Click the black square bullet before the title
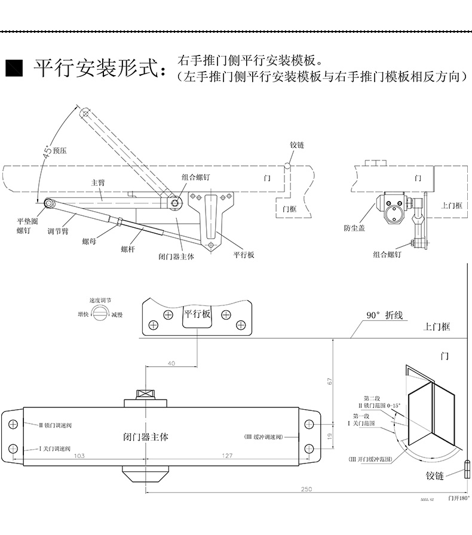pyautogui.click(x=13, y=69)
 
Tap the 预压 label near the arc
pyautogui.click(x=60, y=151)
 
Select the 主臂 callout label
pyautogui.click(x=97, y=183)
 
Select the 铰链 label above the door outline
pyautogui.click(x=297, y=146)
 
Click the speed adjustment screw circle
pyautogui.click(x=100, y=314)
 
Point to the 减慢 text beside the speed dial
pyautogui.click(x=116, y=314)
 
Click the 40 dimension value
pyautogui.click(x=171, y=363)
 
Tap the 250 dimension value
pyautogui.click(x=306, y=489)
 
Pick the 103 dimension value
pyautogui.click(x=78, y=456)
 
